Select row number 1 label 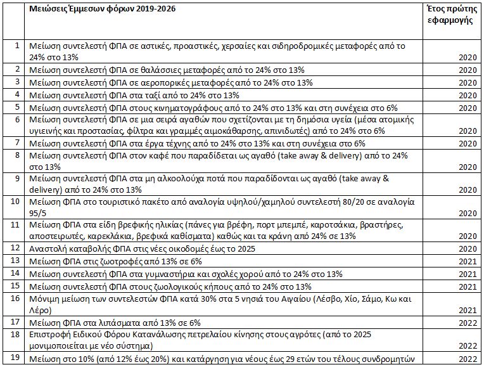pos(16,46)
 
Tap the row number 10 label pos(16,201)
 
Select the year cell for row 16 pos(468,310)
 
